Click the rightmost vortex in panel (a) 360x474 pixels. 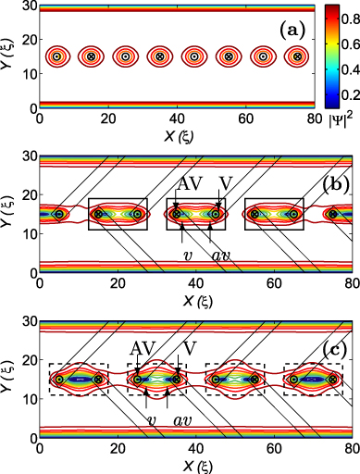[297, 56]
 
